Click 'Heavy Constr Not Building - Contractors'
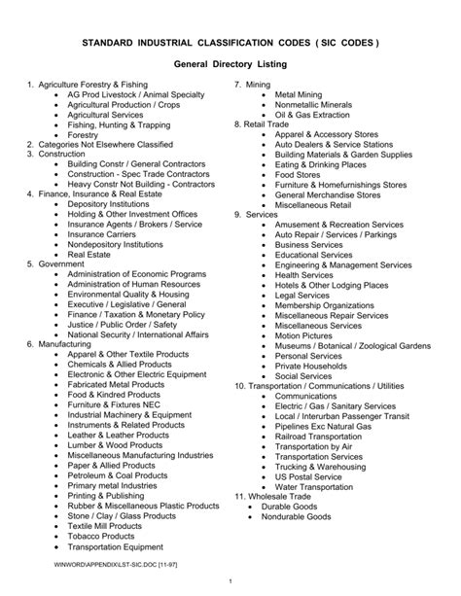coord(141,184)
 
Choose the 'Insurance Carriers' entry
coord(102,234)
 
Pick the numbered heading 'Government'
coord(60,263)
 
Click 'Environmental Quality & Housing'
coord(127,294)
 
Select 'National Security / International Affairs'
coord(138,334)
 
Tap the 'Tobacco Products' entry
coord(101,535)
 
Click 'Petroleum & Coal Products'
coord(118,474)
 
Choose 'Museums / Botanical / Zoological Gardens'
coord(352,345)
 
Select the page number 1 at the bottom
coord(230,581)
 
